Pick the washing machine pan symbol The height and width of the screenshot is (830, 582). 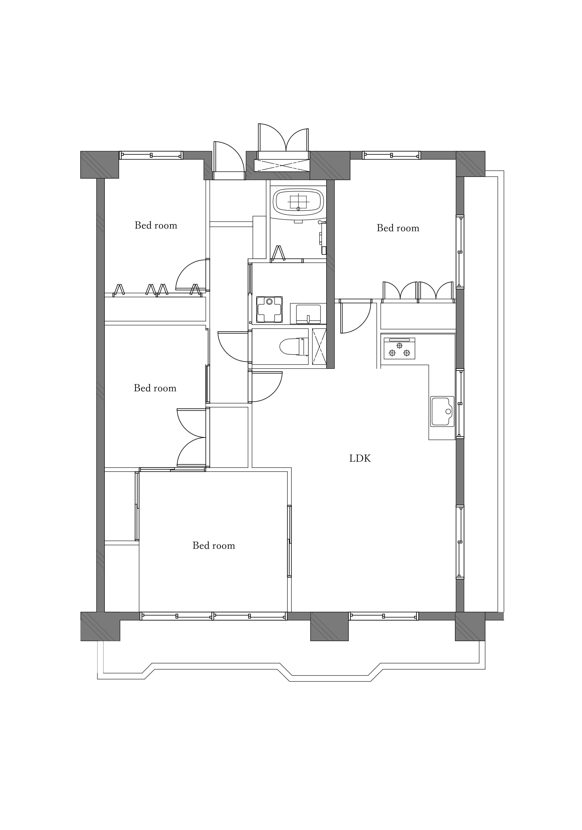pos(269,309)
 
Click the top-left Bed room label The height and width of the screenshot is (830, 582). pos(156,226)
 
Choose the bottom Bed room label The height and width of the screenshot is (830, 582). pos(214,546)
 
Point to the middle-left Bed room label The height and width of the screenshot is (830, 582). pos(155,388)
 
